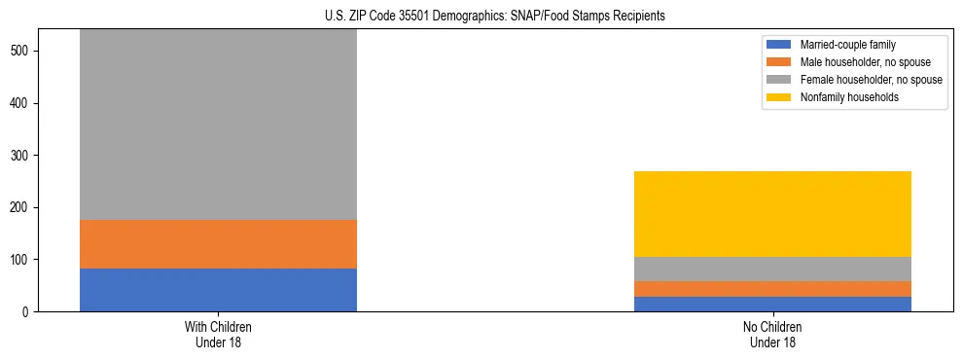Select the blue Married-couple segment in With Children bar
pos(218,290)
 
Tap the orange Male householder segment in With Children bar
pos(218,244)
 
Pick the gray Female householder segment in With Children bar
pos(218,125)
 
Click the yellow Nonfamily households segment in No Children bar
pos(772,214)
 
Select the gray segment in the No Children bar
pos(772,269)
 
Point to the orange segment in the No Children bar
pos(772,289)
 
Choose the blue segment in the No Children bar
pos(772,304)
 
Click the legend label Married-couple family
pos(847,45)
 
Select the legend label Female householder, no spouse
pos(871,80)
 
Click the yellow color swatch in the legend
pos(779,97)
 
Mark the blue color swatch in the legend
pos(779,45)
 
